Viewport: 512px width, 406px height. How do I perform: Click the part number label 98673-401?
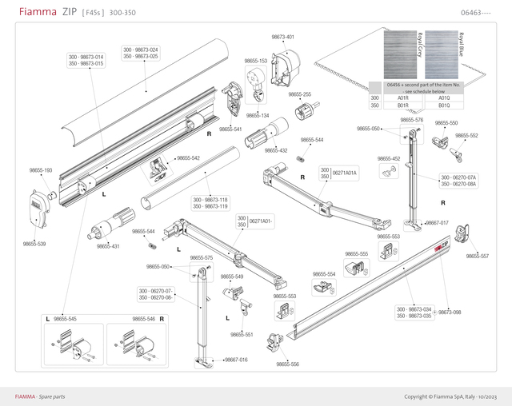283,37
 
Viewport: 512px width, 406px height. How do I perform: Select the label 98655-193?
41,170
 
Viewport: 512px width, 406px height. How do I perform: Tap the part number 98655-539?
34,244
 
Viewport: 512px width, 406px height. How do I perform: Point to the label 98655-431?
108,246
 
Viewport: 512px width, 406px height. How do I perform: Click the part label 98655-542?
188,158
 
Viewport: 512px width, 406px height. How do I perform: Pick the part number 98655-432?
276,150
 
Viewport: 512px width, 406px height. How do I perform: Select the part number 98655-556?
288,364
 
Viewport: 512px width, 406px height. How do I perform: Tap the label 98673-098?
450,312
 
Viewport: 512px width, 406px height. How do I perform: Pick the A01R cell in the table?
403,98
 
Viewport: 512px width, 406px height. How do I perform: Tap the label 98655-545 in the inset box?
66,319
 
